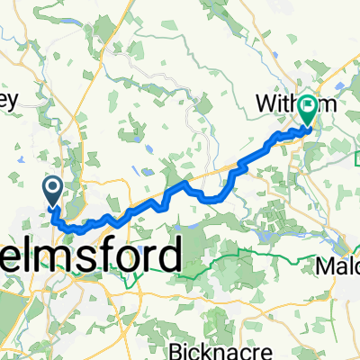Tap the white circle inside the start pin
(x=51, y=187)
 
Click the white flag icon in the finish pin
(x=308, y=107)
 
